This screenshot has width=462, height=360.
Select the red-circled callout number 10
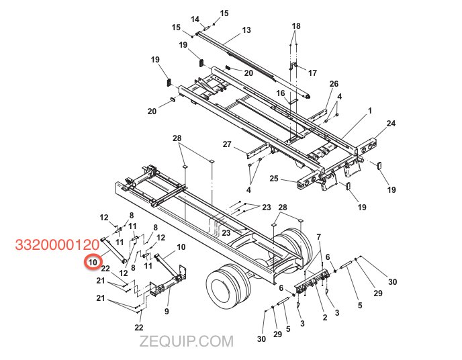pyautogui.click(x=93, y=262)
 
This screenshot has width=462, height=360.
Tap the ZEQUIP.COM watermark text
pyautogui.click(x=187, y=342)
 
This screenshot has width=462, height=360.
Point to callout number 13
pyautogui.click(x=246, y=30)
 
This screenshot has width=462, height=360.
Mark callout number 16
pyautogui.click(x=281, y=93)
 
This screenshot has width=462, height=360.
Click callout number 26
pyautogui.click(x=334, y=83)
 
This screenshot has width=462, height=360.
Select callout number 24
pyautogui.click(x=391, y=124)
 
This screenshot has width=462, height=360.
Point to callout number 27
pyautogui.click(x=227, y=144)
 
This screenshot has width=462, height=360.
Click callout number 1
pyautogui.click(x=369, y=109)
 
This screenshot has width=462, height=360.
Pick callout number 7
pyautogui.click(x=319, y=236)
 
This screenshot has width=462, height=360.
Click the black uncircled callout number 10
pyautogui.click(x=181, y=247)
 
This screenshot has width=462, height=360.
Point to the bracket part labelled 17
pyautogui.click(x=293, y=69)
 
